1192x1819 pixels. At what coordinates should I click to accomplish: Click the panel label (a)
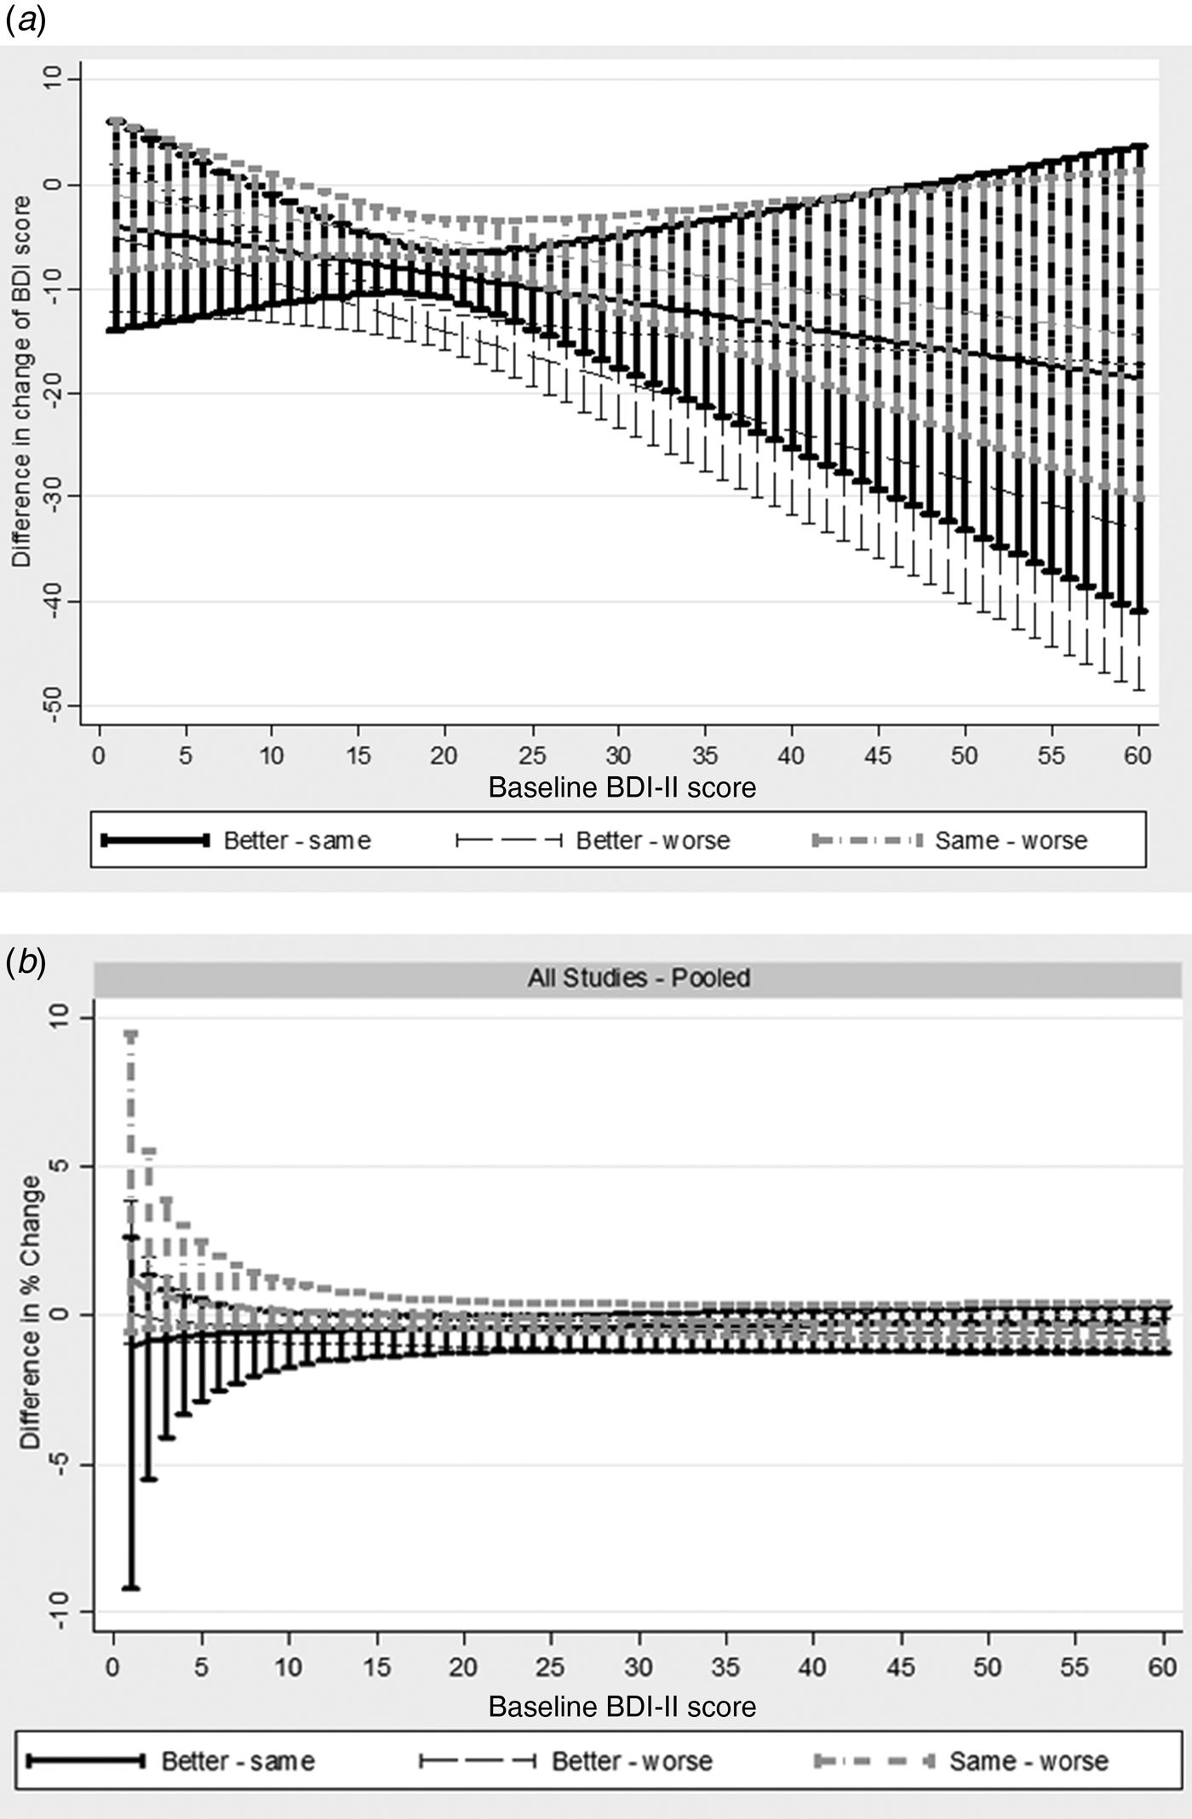(25, 19)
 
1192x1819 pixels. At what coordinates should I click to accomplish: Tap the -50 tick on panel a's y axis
(53, 705)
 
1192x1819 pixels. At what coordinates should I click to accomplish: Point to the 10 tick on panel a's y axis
(53, 79)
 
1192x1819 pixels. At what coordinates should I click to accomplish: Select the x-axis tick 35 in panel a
(705, 755)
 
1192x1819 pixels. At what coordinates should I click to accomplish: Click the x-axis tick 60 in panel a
(1138, 755)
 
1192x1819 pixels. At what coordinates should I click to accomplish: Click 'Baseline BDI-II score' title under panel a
(622, 787)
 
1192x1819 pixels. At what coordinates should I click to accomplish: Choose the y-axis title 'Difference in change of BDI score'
(21, 381)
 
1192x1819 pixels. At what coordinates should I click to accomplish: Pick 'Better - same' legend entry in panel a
(296, 841)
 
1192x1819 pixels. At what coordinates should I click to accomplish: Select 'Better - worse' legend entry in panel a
(652, 841)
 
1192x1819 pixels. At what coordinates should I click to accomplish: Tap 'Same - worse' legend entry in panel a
(1011, 841)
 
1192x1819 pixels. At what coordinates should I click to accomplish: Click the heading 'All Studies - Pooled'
(639, 978)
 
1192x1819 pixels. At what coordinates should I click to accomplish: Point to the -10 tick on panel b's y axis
(58, 1611)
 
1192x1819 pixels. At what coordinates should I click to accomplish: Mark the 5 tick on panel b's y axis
(58, 1166)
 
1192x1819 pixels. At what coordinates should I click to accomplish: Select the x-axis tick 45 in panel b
(900, 1666)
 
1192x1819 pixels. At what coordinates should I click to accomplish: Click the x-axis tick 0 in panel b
(112, 1666)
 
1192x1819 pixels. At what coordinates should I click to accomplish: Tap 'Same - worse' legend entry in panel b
(1029, 1760)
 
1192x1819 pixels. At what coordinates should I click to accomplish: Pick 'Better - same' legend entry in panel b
(238, 1760)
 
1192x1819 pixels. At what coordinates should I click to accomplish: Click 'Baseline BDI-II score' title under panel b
(622, 1707)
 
